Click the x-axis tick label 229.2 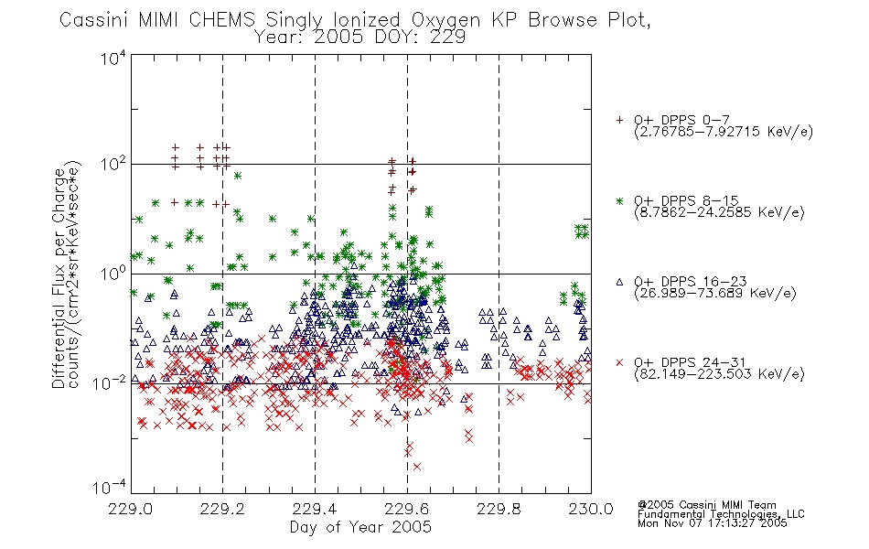pos(222,509)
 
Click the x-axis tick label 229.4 pos(315,509)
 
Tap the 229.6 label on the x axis pos(406,509)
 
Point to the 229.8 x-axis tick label pos(499,509)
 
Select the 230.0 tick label pos(591,509)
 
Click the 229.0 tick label pos(130,509)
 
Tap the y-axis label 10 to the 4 pos(113,59)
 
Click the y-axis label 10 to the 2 pos(113,164)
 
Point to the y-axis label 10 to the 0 pos(113,274)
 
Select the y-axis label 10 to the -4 pos(110,487)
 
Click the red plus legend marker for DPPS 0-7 pos(619,120)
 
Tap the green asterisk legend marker pos(619,200)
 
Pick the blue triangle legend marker pos(619,282)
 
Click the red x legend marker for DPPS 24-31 pos(619,362)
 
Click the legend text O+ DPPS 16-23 pos(690,282)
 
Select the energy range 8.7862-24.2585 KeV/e pos(719,212)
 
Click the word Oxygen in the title pos(445,20)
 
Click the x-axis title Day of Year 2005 pos(360,527)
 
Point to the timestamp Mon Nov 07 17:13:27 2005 pos(713,523)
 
